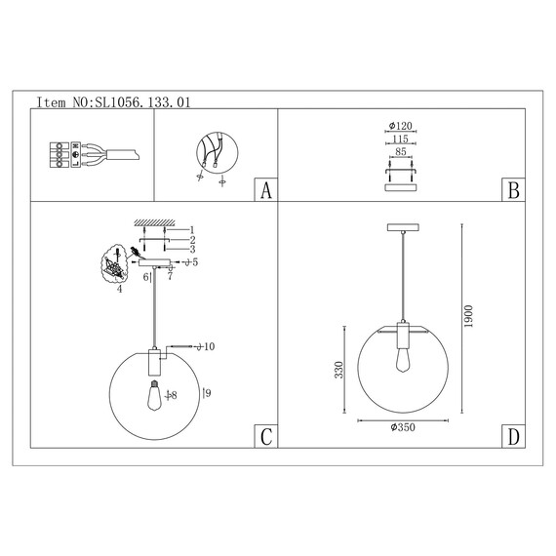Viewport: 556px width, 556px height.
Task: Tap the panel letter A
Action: pyautogui.click(x=266, y=190)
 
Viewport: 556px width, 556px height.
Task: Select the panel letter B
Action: pyautogui.click(x=513, y=190)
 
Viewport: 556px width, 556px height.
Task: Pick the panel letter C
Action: pyautogui.click(x=266, y=436)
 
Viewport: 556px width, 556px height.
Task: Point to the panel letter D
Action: pyautogui.click(x=513, y=436)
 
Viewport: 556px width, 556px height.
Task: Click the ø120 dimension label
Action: pyautogui.click(x=401, y=126)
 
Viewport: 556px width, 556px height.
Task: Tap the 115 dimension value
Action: pyautogui.click(x=400, y=139)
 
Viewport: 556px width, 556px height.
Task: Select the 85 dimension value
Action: pyautogui.click(x=400, y=151)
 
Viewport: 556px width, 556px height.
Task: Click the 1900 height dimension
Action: pyautogui.click(x=468, y=316)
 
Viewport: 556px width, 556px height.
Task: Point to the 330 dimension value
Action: pyautogui.click(x=339, y=370)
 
